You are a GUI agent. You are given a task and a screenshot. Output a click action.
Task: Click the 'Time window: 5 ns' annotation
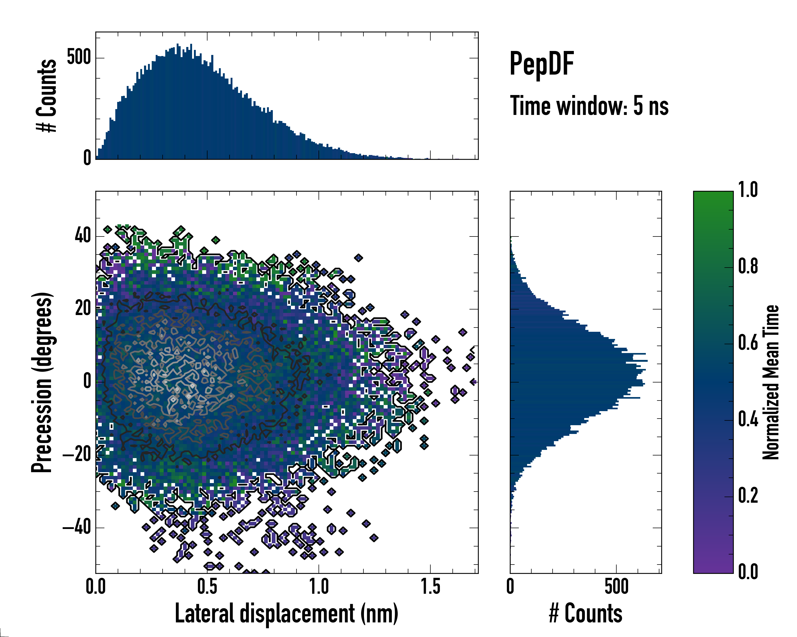coord(589,106)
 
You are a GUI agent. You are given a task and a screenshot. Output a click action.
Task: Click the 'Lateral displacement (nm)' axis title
coord(286,613)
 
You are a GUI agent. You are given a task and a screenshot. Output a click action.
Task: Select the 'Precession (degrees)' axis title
coord(42,382)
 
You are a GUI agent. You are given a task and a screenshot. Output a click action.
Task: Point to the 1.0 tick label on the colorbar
coord(748,190)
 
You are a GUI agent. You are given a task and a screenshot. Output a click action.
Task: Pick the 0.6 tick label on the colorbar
coord(748,343)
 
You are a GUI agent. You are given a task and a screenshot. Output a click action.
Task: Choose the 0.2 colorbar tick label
coord(748,496)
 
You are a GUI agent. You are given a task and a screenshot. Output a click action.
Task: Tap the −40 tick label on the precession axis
coord(77,527)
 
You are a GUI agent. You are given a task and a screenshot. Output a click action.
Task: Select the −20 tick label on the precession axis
coord(77,455)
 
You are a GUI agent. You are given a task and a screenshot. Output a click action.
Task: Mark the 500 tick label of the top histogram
coord(78,57)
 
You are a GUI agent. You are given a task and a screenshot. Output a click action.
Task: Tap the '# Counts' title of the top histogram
coord(46,96)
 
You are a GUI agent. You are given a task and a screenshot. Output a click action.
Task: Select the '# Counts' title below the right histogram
coord(586,613)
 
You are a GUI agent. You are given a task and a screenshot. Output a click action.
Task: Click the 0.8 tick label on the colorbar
coord(748,266)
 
